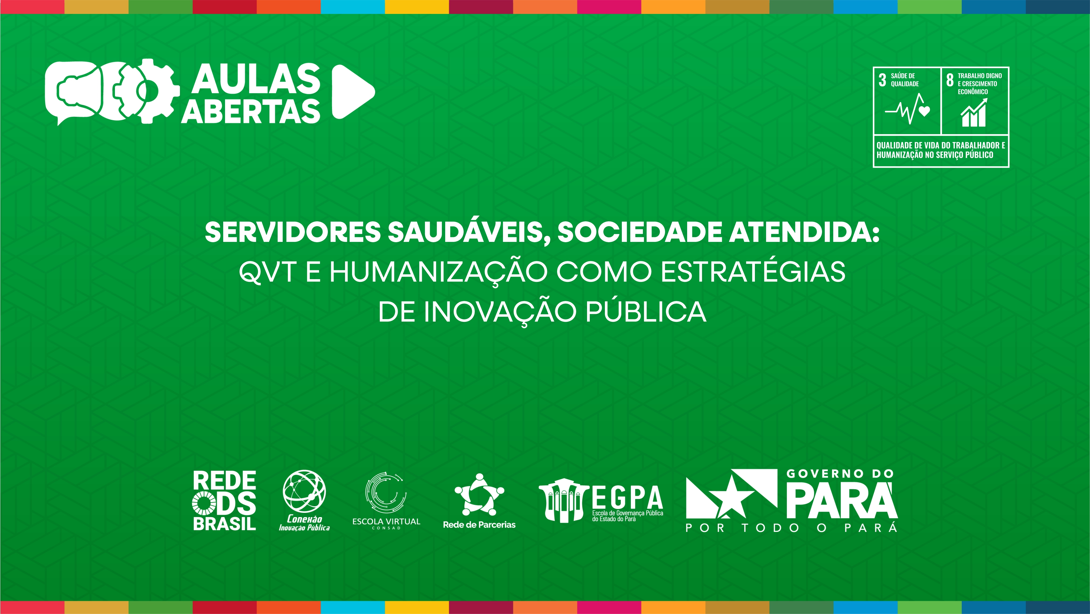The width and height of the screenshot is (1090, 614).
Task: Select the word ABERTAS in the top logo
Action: coord(251,111)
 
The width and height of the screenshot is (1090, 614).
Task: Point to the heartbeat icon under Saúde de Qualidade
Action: coord(907,109)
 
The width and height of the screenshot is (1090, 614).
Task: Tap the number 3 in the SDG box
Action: coord(882,80)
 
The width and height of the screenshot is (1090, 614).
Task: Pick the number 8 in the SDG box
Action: coord(950,80)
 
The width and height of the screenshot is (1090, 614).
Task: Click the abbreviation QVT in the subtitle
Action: coord(268,272)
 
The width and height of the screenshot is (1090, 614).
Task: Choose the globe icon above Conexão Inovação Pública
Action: coord(304,491)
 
